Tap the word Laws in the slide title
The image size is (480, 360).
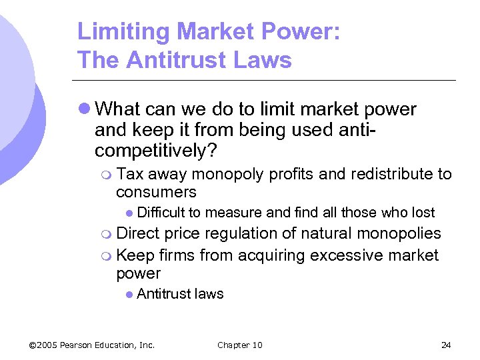263,60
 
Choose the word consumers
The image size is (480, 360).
156,193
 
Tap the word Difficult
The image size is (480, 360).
161,213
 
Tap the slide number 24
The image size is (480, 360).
446,345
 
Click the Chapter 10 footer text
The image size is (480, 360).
239,345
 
